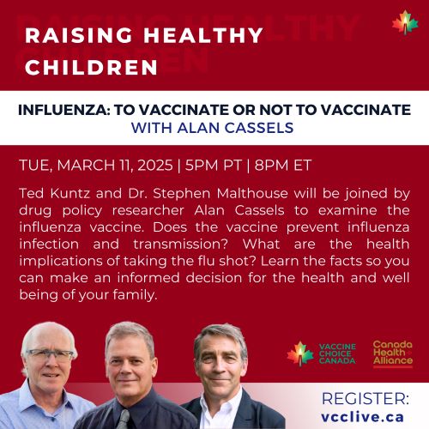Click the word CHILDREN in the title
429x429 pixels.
click(91, 68)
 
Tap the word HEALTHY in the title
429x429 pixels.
click(203, 35)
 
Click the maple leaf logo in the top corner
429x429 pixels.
click(405, 22)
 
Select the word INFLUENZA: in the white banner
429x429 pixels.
click(64, 110)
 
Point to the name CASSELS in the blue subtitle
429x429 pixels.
click(259, 128)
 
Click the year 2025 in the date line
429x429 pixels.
click(155, 166)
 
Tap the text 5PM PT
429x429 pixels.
click(213, 166)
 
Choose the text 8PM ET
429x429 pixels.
click(282, 166)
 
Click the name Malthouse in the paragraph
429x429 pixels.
click(252, 194)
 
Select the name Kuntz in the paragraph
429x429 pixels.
click(69, 194)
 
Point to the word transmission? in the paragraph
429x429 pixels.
click(180, 245)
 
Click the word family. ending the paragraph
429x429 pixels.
click(135, 295)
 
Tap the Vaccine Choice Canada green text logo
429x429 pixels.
click(337, 353)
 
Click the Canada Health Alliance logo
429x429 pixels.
click(393, 353)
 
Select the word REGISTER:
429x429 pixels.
click(366, 399)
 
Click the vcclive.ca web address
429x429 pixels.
click(362, 417)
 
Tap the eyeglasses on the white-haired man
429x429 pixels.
click(49, 355)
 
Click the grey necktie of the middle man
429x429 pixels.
click(124, 420)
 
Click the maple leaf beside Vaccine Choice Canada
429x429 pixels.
click(300, 353)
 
